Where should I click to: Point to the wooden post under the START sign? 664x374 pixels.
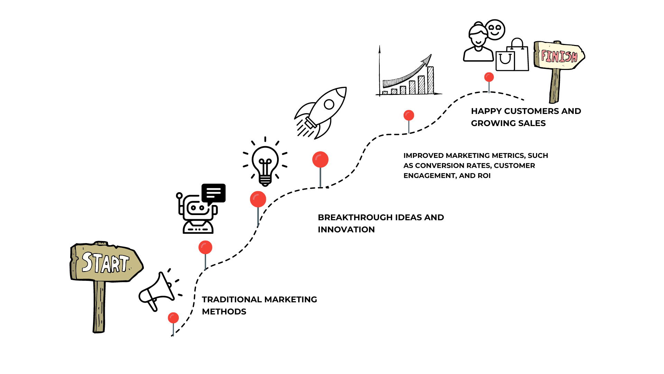point(99,306)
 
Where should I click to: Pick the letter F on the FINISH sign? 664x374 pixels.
point(544,55)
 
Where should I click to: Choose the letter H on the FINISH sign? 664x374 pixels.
point(574,57)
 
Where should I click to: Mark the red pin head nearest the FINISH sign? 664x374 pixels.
point(489,77)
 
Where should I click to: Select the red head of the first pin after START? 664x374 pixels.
point(173,318)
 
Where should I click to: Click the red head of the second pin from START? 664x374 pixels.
point(205,247)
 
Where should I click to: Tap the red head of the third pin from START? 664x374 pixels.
point(258,199)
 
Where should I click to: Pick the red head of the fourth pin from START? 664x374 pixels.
point(320,159)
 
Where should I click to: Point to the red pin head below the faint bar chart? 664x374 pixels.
point(409,115)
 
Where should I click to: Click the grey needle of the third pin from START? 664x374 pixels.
point(258,217)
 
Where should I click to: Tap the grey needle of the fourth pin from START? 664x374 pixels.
point(320,177)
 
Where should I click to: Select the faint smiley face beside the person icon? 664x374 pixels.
point(495,30)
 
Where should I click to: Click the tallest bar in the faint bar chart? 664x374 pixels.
point(430,80)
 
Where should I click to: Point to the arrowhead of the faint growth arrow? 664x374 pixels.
point(430,56)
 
